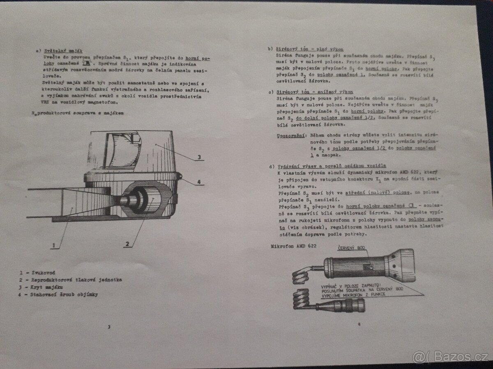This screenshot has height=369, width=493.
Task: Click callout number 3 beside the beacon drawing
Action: click(198, 157)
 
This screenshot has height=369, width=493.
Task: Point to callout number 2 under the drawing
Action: click(127, 244)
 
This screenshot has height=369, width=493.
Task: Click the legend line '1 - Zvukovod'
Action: click(37, 273)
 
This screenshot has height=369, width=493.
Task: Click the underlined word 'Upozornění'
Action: click(290, 135)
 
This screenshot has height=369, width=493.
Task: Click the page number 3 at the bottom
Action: click(108, 327)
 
